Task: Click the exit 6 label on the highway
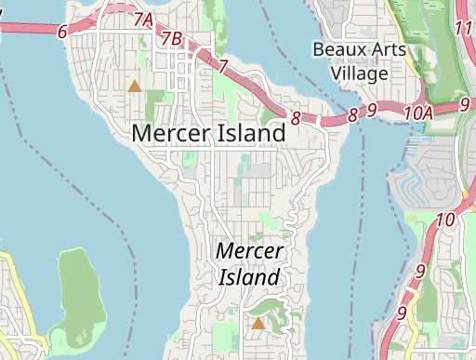click(62, 32)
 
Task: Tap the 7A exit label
click(143, 20)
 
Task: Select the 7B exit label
click(172, 38)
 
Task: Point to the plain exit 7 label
click(223, 65)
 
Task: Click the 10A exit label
click(418, 112)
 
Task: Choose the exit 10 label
click(444, 220)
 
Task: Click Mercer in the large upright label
click(172, 133)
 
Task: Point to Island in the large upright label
click(250, 133)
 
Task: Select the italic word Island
click(249, 277)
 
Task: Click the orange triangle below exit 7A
click(135, 87)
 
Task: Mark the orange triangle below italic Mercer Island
click(258, 324)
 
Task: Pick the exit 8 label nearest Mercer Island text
click(296, 118)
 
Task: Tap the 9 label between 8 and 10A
click(371, 111)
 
